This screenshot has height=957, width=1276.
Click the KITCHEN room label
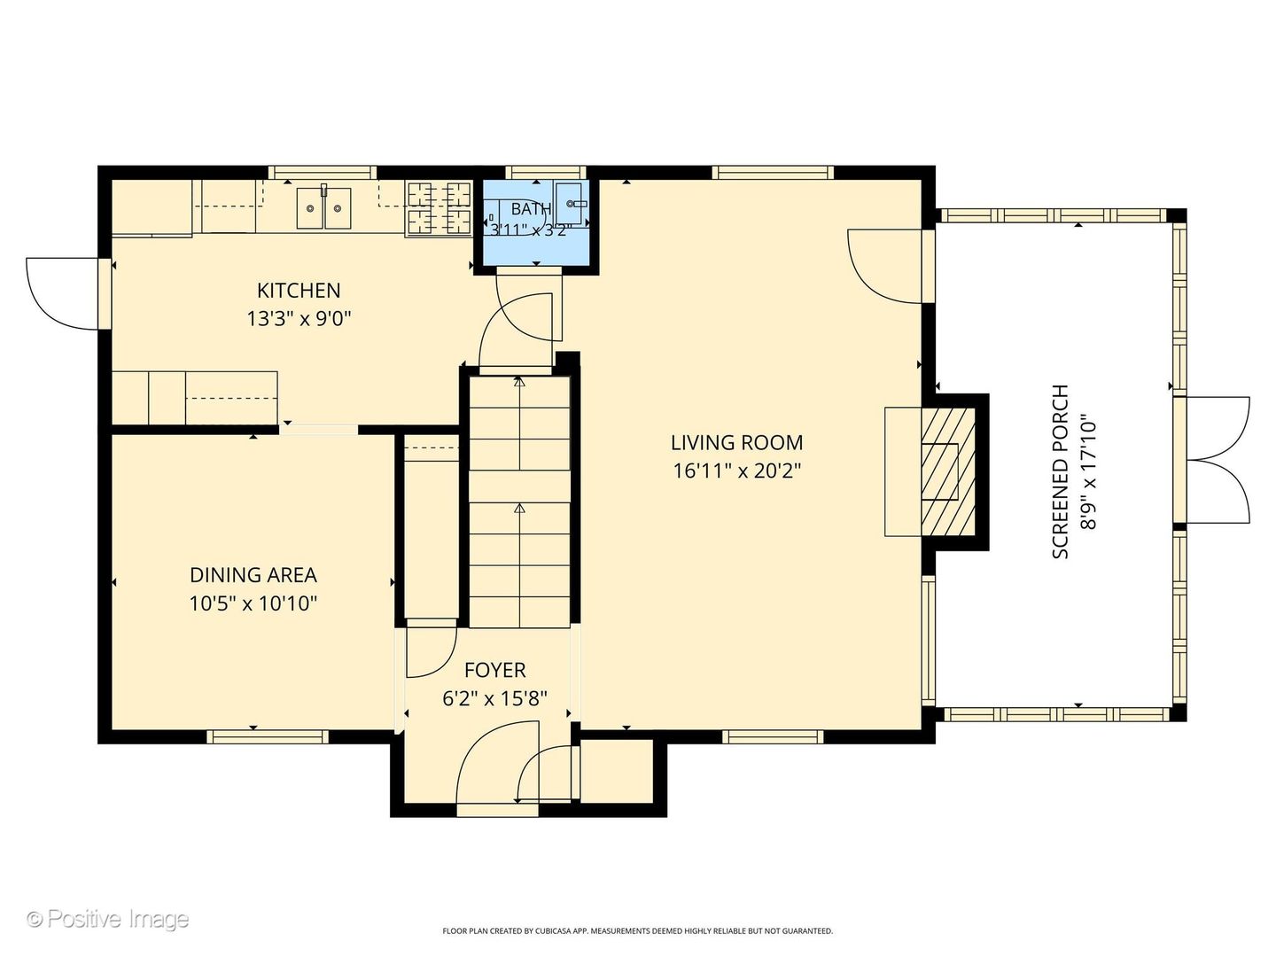point(299,290)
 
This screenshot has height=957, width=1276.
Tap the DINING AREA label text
point(253,575)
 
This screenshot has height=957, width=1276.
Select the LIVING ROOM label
point(737,443)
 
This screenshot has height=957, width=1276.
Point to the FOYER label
point(494,670)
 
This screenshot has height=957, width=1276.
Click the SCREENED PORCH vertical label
point(1061,471)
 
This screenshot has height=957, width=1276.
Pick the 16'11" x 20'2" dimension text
point(737,471)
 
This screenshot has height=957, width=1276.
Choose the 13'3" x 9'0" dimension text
point(300,318)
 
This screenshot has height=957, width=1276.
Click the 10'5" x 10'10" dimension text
point(253,603)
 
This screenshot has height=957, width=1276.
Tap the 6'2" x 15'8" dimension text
point(494,698)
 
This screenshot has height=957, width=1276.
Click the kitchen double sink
point(323,208)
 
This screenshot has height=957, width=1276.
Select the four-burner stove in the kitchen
point(439,208)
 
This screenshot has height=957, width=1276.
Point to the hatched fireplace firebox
point(948,471)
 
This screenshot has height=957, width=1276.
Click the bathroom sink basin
point(572,203)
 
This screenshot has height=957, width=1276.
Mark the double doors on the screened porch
point(1217,460)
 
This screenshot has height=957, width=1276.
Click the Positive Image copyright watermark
point(107,919)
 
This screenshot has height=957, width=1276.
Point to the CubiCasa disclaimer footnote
point(638,930)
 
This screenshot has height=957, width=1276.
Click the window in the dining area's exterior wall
point(268,736)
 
